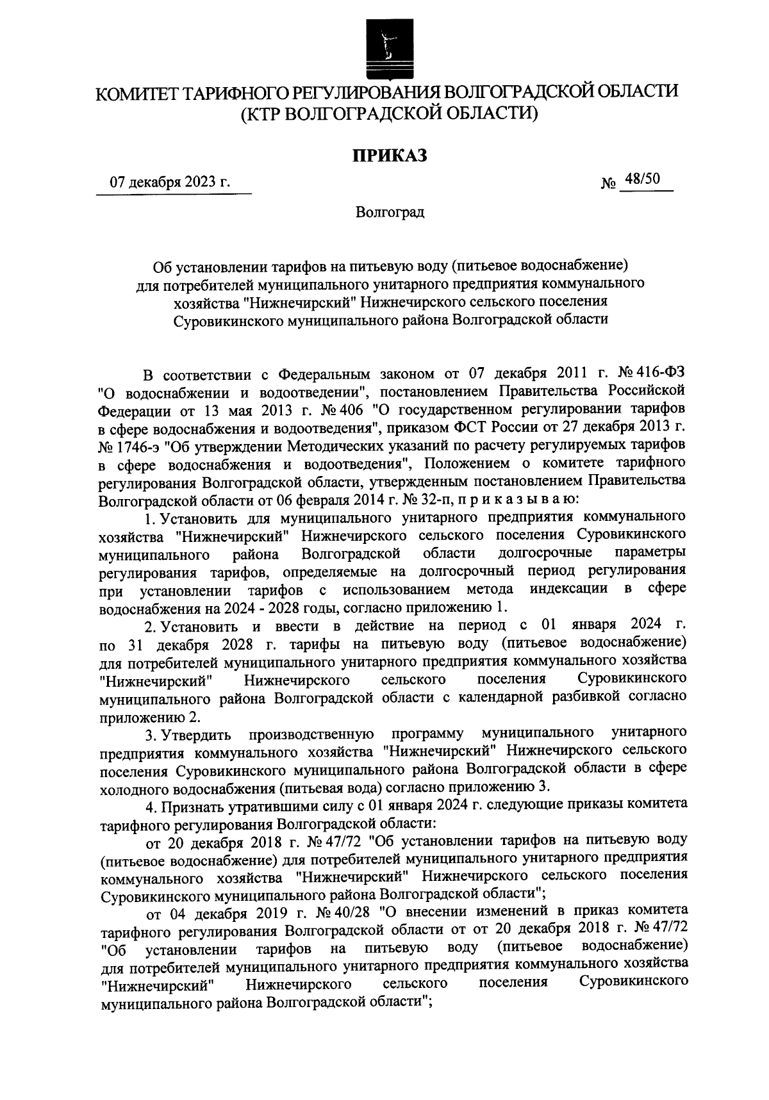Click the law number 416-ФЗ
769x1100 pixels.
tap(664, 373)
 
